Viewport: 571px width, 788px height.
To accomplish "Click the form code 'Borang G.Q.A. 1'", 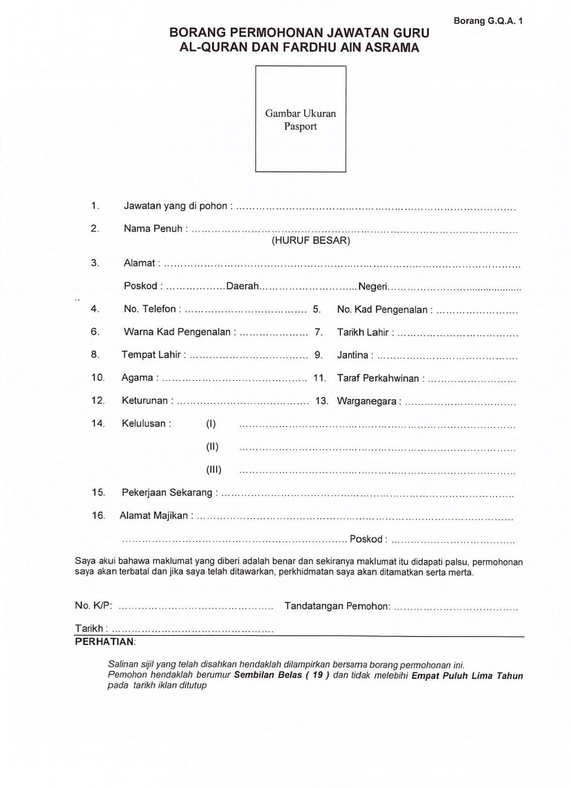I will (x=488, y=21).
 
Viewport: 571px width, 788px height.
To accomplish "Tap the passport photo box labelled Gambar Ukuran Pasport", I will (x=300, y=119).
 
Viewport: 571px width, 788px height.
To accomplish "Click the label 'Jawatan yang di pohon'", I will (x=175, y=206).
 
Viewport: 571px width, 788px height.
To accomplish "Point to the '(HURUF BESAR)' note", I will (x=311, y=240).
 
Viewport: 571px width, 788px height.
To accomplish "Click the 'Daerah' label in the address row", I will (x=242, y=286).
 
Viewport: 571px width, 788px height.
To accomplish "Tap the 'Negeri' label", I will (x=372, y=286).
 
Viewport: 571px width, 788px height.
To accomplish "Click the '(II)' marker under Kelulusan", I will (x=212, y=447).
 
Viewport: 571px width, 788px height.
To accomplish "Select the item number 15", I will (x=98, y=493).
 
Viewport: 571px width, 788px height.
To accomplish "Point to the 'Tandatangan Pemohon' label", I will (x=337, y=606).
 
